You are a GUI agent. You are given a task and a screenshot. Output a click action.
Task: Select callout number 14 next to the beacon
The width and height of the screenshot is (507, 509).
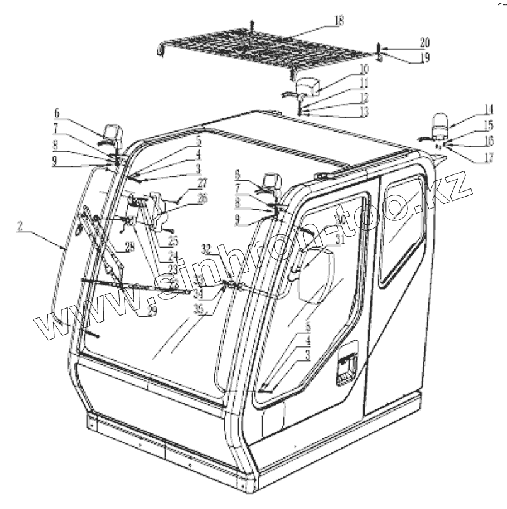click(489, 108)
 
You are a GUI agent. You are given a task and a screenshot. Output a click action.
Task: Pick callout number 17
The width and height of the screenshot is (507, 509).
click(489, 157)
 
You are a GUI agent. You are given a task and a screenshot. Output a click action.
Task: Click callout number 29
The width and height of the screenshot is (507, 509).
click(152, 311)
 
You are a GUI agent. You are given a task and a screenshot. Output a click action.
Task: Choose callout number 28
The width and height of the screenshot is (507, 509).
click(130, 248)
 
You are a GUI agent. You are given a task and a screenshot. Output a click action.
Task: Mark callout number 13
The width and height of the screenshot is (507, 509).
click(365, 113)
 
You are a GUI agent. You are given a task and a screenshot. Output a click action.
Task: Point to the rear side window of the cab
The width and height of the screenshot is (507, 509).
click(403, 227)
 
